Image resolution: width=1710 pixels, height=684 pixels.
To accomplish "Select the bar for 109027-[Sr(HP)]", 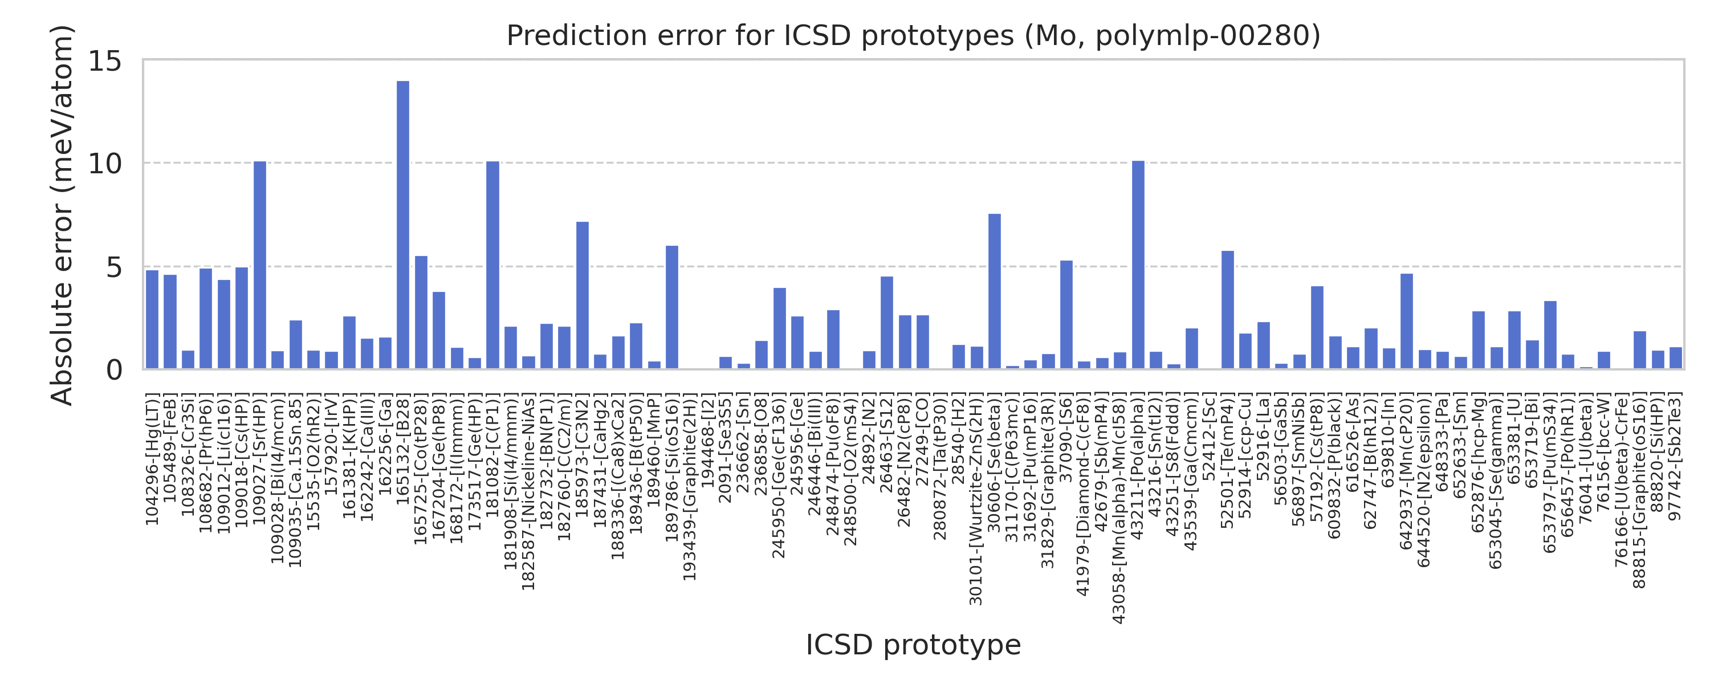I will click(x=259, y=265).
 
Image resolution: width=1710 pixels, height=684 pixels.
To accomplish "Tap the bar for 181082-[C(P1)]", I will click(x=492, y=265).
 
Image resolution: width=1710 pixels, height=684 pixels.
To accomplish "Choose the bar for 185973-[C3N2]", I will click(x=582, y=295).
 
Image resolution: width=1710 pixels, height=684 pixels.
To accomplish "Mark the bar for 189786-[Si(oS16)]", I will click(x=672, y=307).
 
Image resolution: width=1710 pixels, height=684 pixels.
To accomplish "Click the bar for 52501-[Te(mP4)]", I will click(x=1227, y=310).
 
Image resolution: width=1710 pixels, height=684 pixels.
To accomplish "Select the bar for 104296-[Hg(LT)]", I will click(x=152, y=319).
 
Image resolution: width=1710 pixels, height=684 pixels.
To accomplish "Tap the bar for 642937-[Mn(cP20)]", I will click(x=1407, y=321).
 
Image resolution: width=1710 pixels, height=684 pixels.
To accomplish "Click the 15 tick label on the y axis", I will click(x=105, y=62).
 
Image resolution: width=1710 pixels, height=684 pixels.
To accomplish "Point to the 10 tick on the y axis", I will click(x=105, y=164).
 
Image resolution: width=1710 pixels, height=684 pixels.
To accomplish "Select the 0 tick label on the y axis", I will click(x=114, y=370).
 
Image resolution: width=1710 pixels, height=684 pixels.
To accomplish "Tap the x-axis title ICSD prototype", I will click(x=913, y=645).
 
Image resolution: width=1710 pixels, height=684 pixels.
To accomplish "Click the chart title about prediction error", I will click(x=913, y=35).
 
